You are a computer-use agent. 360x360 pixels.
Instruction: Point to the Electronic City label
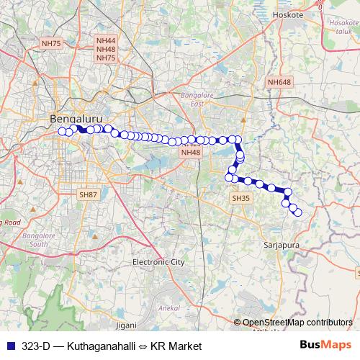click(x=158, y=262)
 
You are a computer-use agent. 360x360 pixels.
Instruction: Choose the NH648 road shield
click(x=279, y=82)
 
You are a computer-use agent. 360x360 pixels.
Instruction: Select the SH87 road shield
click(x=88, y=194)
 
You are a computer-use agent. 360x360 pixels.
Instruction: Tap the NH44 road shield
click(x=106, y=42)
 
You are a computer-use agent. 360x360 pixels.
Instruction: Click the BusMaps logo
click(x=325, y=346)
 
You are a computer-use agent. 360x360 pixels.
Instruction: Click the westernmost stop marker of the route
click(x=63, y=131)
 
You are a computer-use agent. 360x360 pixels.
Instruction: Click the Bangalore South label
click(x=35, y=239)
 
